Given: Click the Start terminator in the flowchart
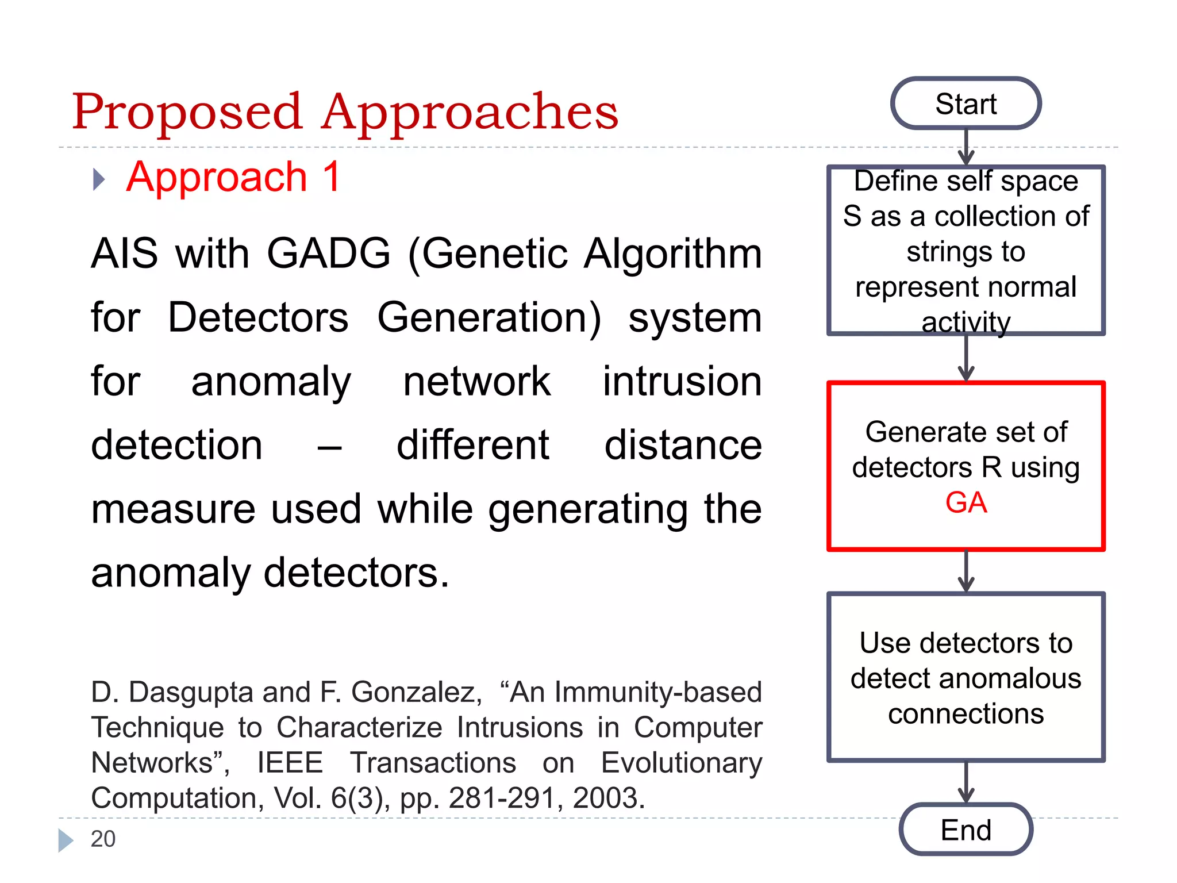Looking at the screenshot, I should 966,103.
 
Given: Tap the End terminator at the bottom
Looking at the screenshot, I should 966,830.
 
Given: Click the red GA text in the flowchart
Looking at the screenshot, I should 966,502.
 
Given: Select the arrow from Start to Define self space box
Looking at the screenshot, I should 966,147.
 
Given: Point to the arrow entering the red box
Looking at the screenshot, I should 966,359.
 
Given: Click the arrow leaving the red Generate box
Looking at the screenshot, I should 966,571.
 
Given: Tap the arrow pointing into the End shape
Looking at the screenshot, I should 966,782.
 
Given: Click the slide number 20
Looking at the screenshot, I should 103,839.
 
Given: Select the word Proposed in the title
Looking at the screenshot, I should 187,112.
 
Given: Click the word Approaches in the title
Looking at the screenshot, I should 470,112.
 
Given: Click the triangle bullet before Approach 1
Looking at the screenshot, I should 99,179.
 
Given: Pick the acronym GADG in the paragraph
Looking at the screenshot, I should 328,254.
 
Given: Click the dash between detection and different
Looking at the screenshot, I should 329,447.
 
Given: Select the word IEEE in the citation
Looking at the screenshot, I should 290,763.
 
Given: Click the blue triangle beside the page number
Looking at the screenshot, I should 65,840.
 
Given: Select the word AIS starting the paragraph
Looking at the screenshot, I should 124,254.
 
